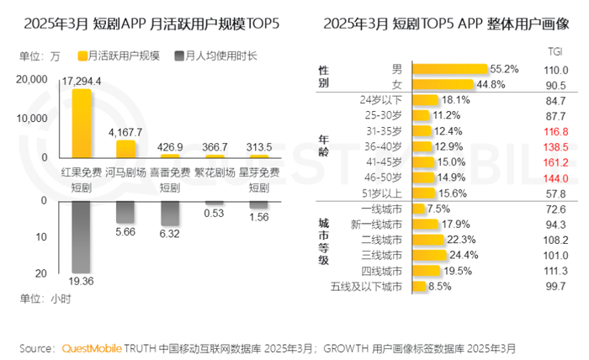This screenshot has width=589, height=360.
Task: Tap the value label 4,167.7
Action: coord(126,133)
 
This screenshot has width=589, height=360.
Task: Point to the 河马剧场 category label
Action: coord(126,171)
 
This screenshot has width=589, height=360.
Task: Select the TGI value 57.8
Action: coord(554,193)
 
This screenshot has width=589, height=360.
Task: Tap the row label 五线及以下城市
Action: coord(367,287)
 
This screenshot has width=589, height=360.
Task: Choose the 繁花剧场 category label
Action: coord(215,171)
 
